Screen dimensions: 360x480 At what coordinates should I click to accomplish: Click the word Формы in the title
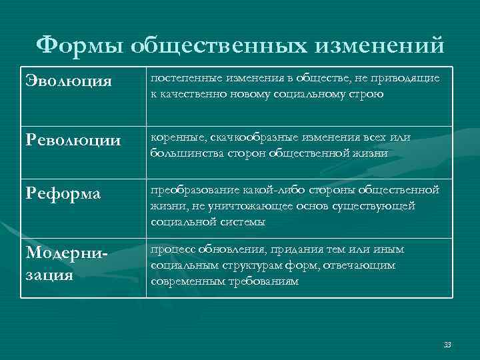pyautogui.click(x=79, y=45)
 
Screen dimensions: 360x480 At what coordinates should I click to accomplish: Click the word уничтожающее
pyautogui.click(x=242, y=206)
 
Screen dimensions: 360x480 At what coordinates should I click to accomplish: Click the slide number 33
pyautogui.click(x=447, y=345)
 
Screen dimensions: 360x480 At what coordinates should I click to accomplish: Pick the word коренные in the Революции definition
pyautogui.click(x=175, y=137)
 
